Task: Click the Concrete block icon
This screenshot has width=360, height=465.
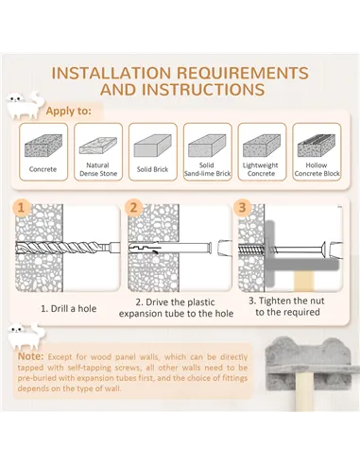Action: [43, 146]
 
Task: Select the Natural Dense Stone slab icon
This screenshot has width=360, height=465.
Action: [98, 146]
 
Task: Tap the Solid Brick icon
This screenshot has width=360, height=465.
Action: [152, 146]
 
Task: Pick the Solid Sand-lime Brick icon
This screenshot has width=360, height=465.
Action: [207, 146]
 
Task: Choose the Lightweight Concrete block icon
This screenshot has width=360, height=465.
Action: [262, 146]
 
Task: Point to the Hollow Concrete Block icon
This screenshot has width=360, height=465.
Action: [317, 146]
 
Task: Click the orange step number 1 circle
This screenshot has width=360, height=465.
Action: [22, 208]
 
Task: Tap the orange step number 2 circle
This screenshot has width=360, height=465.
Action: [134, 208]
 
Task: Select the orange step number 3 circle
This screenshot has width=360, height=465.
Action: [242, 208]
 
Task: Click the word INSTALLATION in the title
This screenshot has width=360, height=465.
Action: [111, 73]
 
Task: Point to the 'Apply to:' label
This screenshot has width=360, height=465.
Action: [69, 112]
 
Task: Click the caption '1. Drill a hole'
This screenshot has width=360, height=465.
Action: [69, 308]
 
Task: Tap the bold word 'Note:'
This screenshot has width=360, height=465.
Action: [31, 356]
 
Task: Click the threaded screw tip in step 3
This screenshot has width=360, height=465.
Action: [251, 250]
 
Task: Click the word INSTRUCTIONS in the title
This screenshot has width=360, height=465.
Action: [182, 90]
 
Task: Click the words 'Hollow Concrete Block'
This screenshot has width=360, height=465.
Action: [317, 169]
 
